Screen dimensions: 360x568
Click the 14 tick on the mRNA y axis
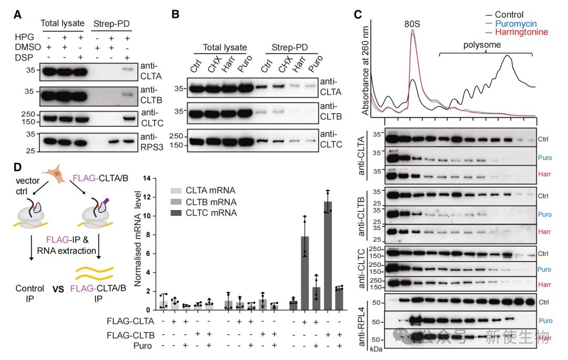pos(140,178)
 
